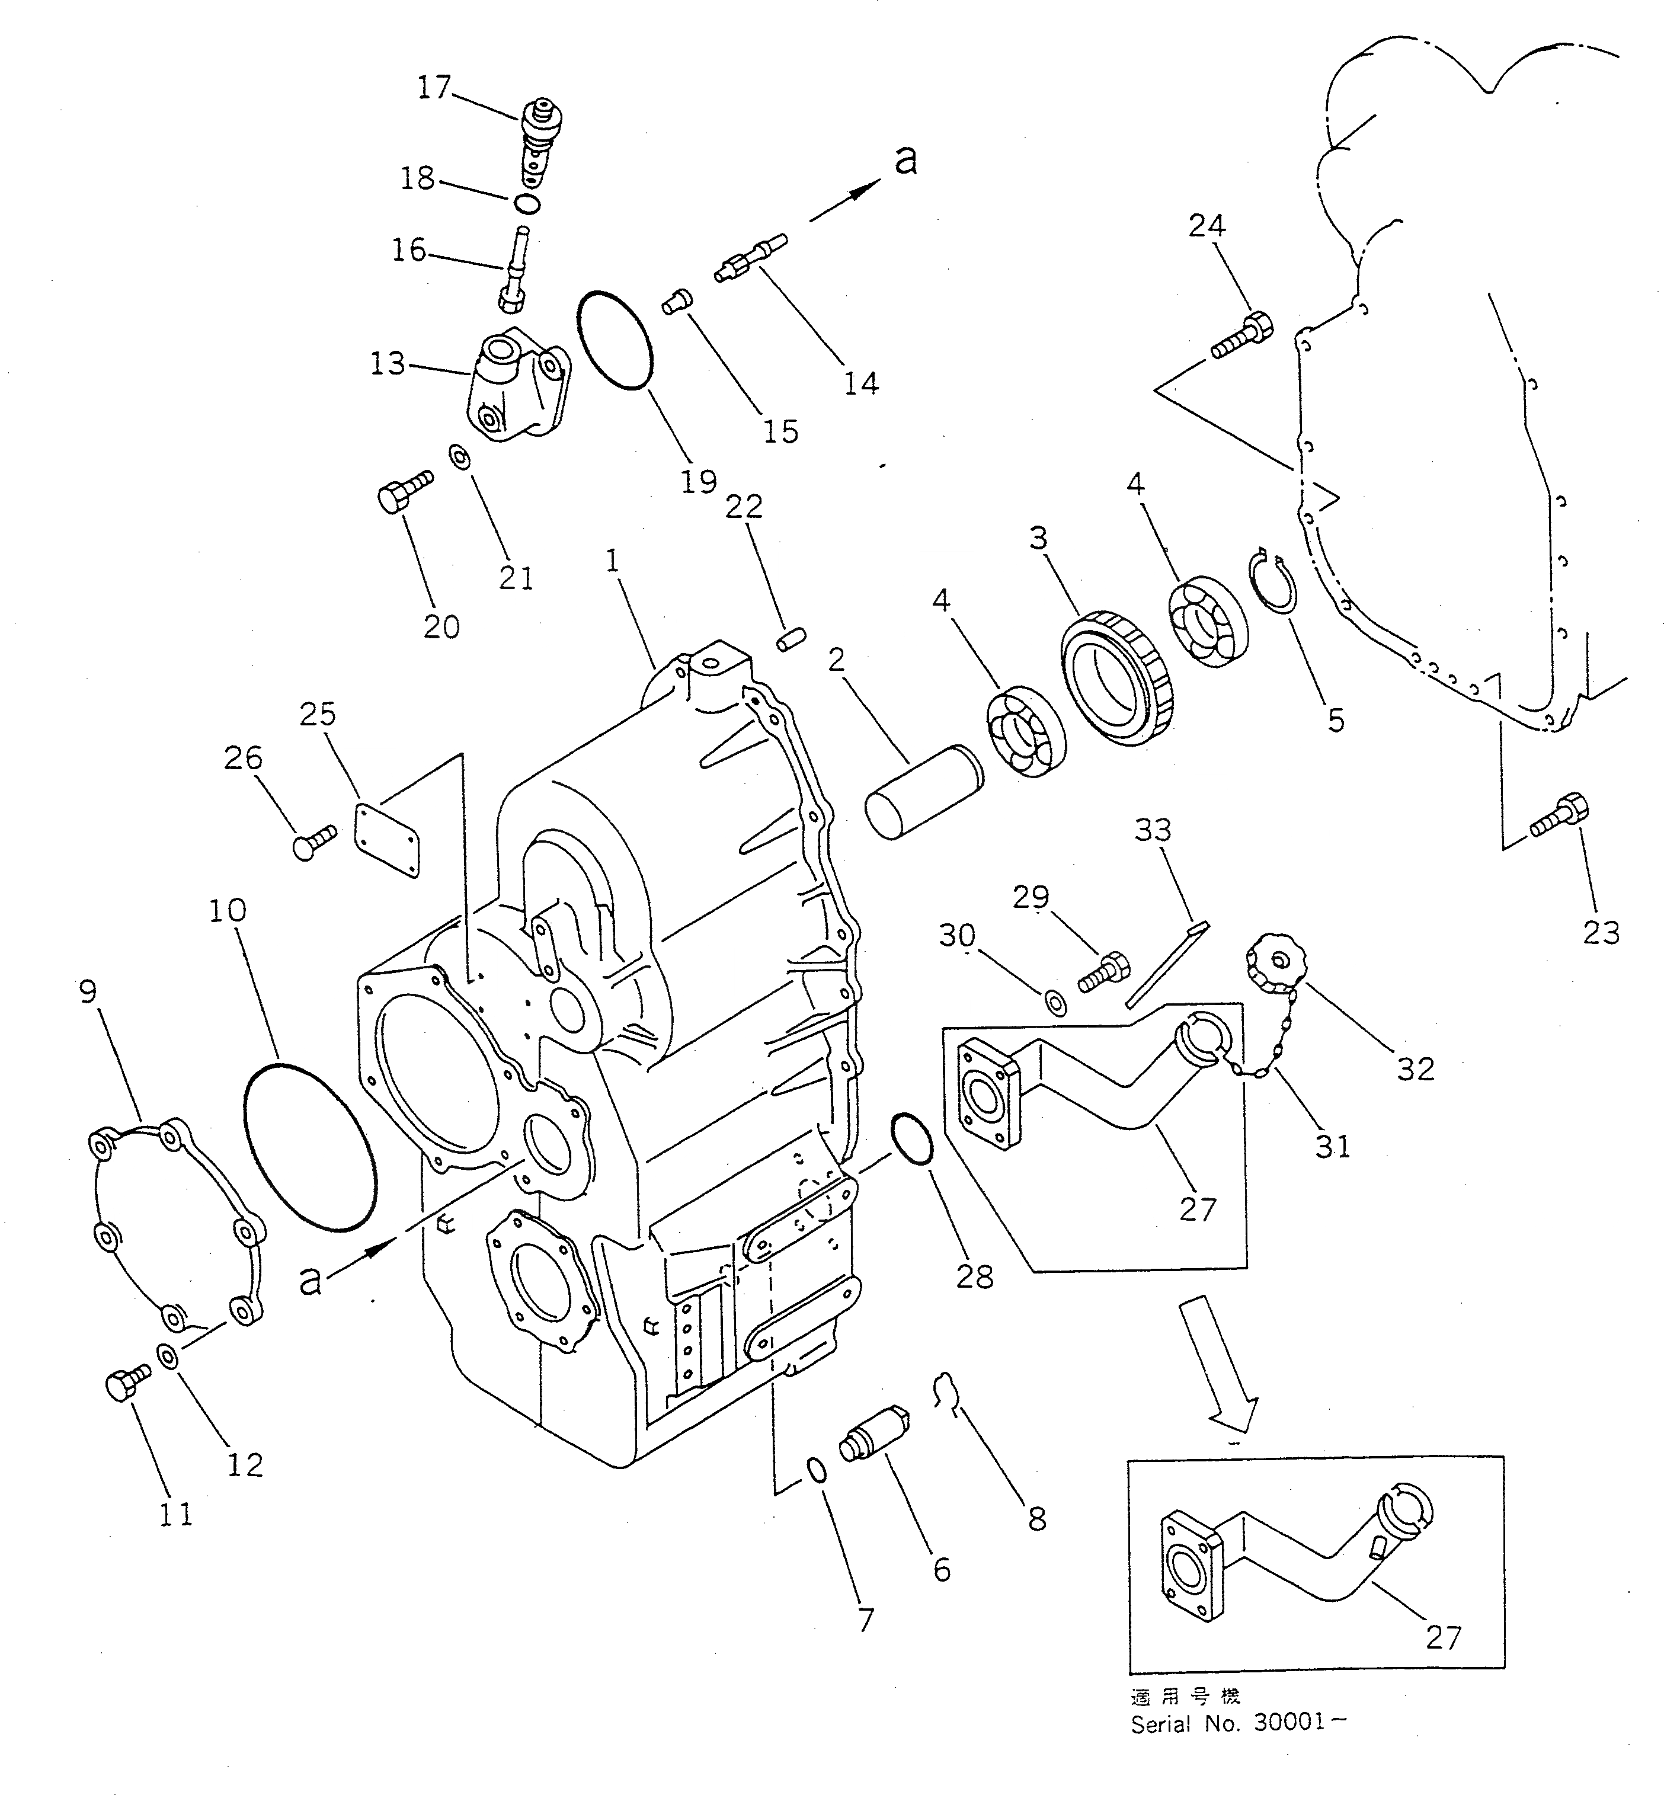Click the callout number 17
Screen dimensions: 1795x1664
434,87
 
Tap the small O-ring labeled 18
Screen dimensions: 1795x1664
529,203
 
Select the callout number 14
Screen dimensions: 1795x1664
860,383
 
